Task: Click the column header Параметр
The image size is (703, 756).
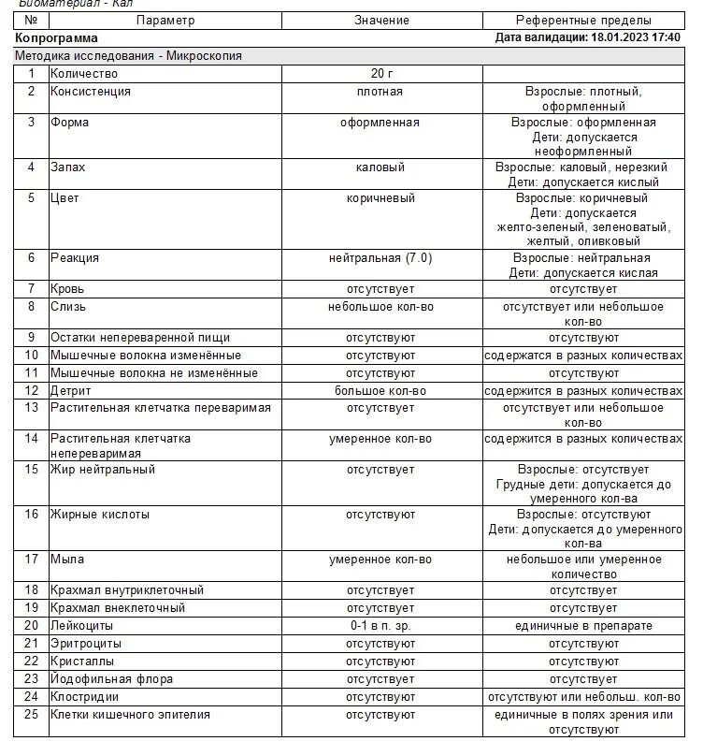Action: [x=165, y=20]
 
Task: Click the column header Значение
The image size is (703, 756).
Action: [x=380, y=20]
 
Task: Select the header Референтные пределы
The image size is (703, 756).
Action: [x=583, y=20]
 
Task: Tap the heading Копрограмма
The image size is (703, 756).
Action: [x=57, y=38]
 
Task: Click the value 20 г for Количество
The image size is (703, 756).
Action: [x=380, y=74]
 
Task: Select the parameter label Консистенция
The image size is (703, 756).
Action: [x=91, y=92]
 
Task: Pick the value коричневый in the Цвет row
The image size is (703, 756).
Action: [x=380, y=198]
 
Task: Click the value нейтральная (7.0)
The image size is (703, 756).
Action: [x=380, y=258]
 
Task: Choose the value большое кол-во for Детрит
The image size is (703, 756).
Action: [x=380, y=391]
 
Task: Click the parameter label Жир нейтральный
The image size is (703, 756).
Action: [x=103, y=470]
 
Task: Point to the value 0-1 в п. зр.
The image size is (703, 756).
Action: [x=380, y=626]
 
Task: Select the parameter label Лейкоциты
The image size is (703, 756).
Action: [x=82, y=626]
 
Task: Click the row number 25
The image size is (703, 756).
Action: [x=32, y=715]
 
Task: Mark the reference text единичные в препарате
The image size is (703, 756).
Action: [x=583, y=626]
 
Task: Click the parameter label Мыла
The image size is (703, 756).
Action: [x=67, y=560]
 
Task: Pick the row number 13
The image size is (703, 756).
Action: [x=32, y=408]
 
